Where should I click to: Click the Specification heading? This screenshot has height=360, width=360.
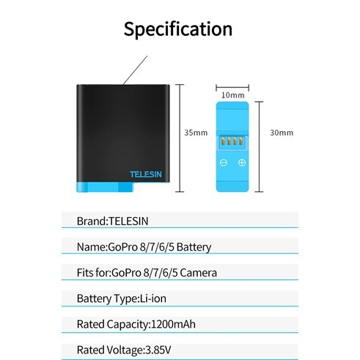click(178, 29)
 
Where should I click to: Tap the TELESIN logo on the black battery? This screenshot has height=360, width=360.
click(146, 175)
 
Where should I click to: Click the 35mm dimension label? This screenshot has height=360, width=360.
click(196, 133)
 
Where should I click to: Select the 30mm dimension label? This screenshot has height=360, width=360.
click(282, 133)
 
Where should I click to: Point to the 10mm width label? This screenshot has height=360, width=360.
click(233, 95)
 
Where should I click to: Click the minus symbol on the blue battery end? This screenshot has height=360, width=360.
click(224, 163)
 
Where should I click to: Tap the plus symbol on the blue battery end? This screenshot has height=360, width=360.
click(242, 162)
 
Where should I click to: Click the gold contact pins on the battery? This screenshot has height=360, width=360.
click(232, 141)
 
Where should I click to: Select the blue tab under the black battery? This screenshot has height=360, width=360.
click(105, 187)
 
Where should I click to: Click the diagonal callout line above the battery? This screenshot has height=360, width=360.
click(135, 70)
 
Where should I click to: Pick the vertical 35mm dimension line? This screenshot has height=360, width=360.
click(180, 138)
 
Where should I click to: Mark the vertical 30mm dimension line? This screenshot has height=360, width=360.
click(259, 147)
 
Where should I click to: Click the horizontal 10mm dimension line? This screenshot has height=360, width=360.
click(232, 87)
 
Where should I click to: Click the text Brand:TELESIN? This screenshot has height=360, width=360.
click(113, 221)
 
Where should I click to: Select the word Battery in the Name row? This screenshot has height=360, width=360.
click(194, 247)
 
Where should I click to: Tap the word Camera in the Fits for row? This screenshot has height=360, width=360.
click(198, 273)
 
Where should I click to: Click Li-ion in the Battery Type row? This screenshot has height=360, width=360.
click(153, 298)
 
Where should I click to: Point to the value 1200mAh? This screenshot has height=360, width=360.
click(173, 324)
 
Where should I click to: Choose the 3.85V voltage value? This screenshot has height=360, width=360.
click(158, 350)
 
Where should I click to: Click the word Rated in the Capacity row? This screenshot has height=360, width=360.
click(90, 324)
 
